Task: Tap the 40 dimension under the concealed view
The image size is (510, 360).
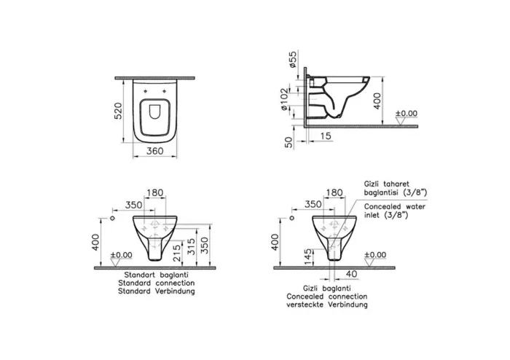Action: (353, 274)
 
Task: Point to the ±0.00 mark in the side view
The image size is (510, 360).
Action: (407, 114)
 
